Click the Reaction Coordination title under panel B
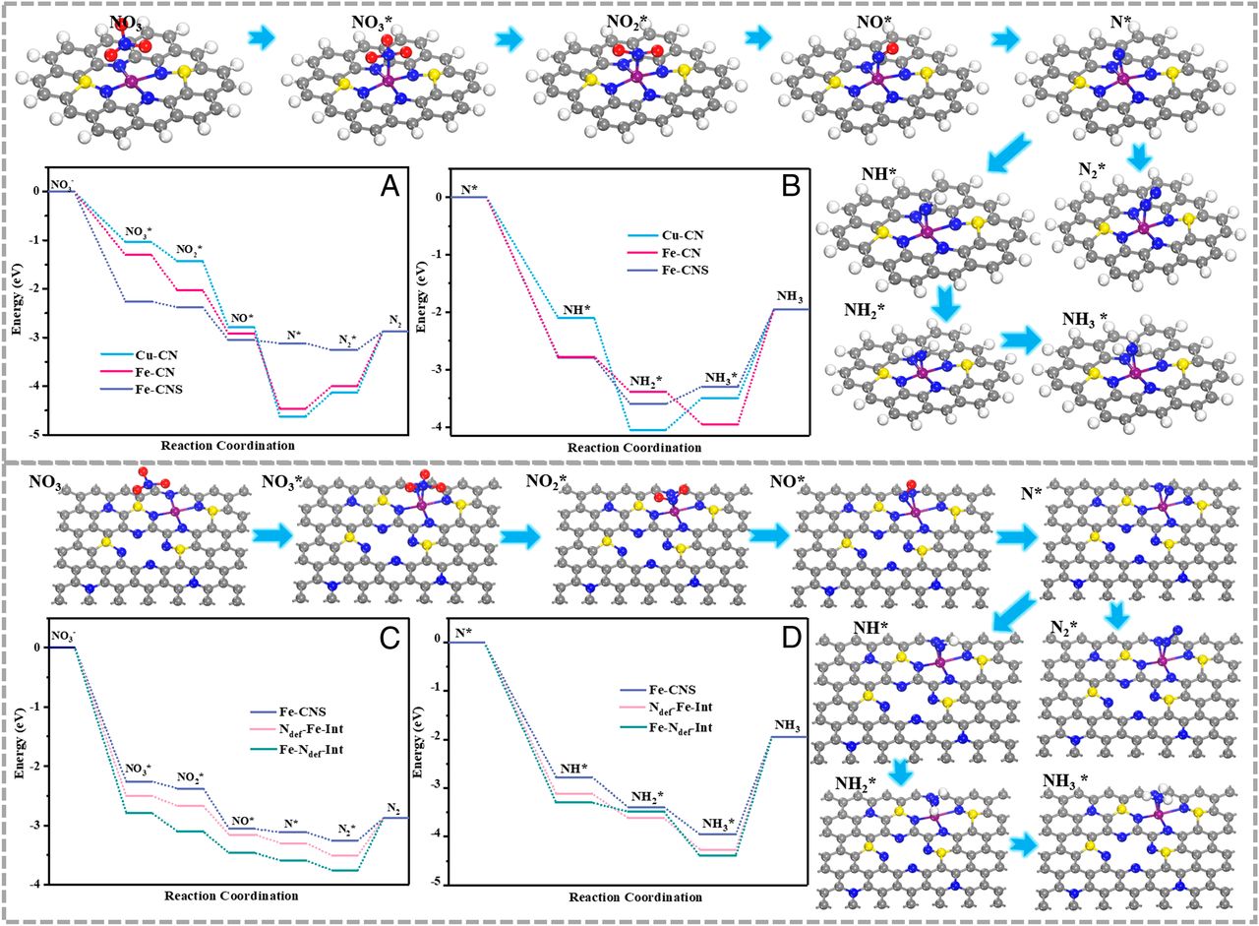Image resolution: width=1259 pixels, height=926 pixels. tap(635, 447)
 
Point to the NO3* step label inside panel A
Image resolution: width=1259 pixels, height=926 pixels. tap(139, 232)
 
